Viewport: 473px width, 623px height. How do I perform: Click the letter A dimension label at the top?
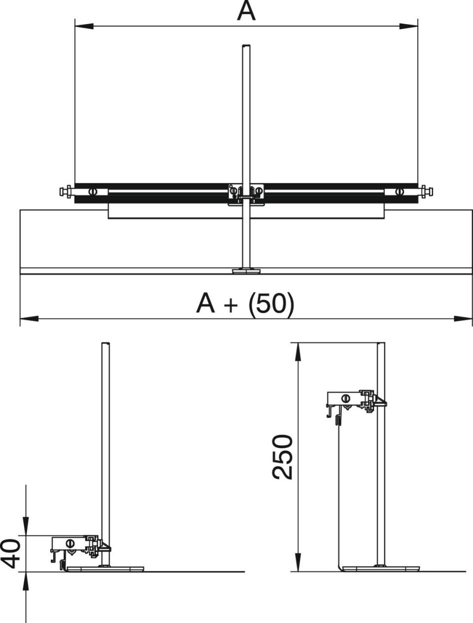click(x=246, y=11)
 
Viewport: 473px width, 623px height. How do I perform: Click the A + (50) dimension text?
click(x=245, y=303)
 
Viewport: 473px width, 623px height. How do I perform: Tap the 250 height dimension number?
click(x=282, y=457)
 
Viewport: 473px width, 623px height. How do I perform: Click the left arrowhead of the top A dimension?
click(x=84, y=26)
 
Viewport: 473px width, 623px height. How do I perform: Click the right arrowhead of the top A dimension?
click(x=408, y=26)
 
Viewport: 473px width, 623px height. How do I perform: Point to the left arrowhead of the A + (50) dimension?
click(x=29, y=319)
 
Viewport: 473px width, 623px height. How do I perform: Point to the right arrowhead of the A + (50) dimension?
click(x=463, y=319)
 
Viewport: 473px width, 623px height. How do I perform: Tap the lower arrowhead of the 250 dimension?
click(x=298, y=562)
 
